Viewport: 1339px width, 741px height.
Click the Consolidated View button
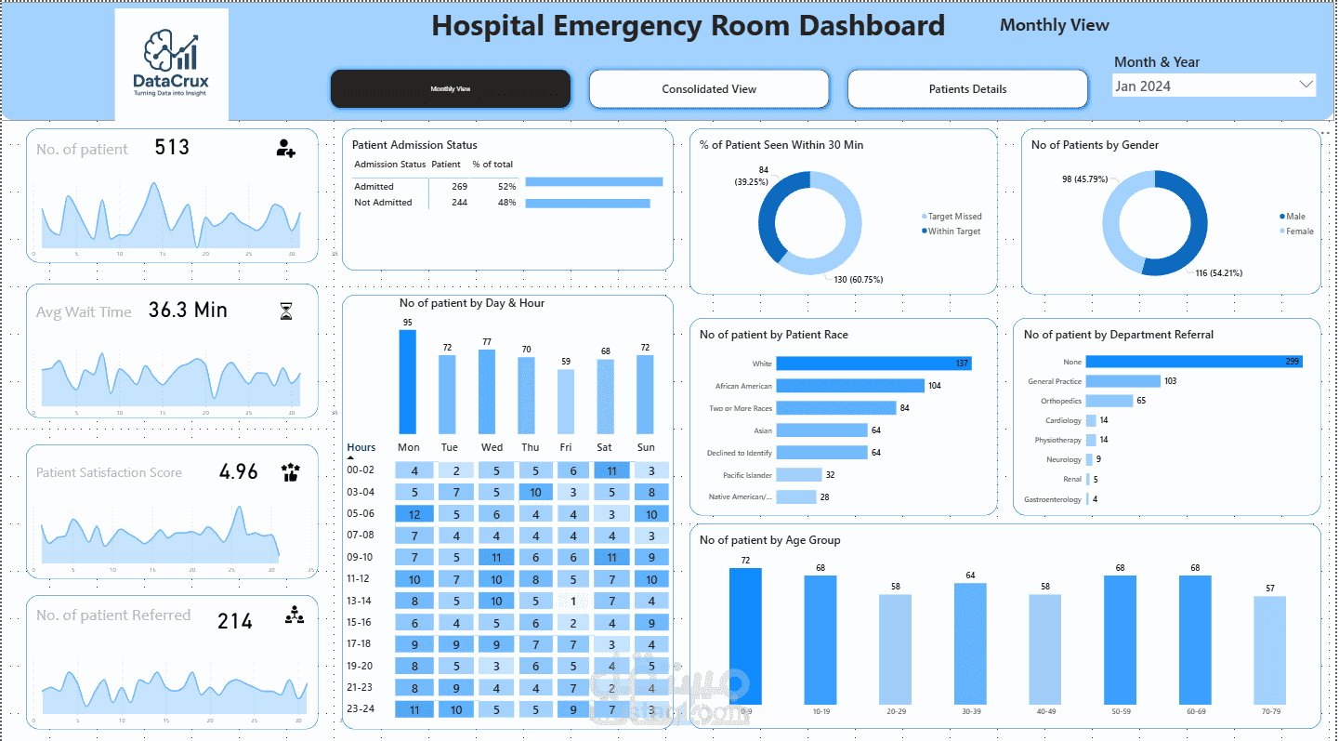[709, 89]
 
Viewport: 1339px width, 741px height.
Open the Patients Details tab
[967, 89]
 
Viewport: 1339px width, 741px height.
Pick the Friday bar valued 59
[565, 401]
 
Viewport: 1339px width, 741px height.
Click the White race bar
[873, 364]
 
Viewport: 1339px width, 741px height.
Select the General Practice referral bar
[1122, 381]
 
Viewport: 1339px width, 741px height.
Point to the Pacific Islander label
[747, 475]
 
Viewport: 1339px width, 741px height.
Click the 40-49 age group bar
[1044, 649]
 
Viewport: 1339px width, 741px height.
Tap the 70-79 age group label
[1269, 711]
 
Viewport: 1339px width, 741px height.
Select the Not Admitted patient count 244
[458, 203]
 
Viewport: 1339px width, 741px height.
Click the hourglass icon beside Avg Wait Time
[286, 311]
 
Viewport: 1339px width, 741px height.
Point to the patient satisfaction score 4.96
[239, 471]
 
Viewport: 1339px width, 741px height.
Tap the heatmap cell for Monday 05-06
[414, 514]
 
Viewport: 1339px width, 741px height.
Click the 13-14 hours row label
[361, 601]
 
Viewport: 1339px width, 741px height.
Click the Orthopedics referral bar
[1109, 401]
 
